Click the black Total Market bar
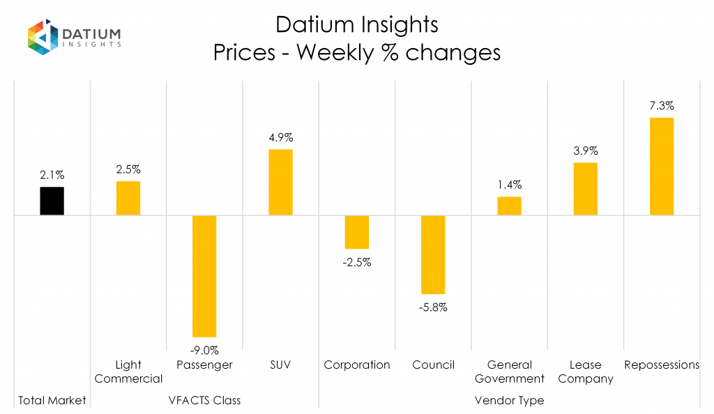point(52,201)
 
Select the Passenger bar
point(204,276)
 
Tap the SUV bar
point(280,182)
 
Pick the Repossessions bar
point(662,166)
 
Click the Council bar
point(433,254)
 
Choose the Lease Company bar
point(586,188)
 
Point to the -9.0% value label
point(204,350)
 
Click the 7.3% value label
point(662,106)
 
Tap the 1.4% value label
point(509,185)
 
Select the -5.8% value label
point(433,307)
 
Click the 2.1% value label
point(52,176)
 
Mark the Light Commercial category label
point(128,371)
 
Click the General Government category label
point(509,371)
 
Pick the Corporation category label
point(357,365)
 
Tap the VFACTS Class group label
point(204,400)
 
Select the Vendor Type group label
point(509,400)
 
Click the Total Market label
point(52,400)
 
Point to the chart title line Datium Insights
point(357,24)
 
